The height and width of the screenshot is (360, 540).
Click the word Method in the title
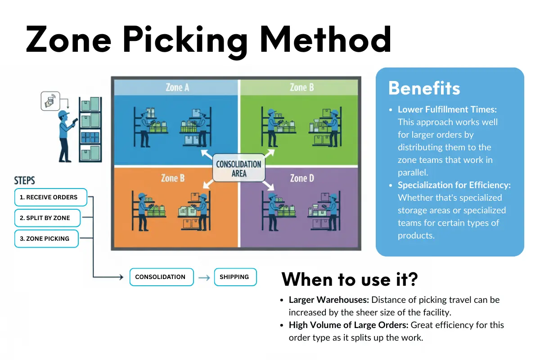tap(325, 39)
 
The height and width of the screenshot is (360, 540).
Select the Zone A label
tap(177, 87)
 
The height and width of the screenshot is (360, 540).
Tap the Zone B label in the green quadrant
tap(301, 87)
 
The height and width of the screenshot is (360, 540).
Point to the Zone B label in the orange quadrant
tap(173, 178)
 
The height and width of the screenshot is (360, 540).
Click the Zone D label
tap(301, 178)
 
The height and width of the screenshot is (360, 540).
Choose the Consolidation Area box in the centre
tap(238, 168)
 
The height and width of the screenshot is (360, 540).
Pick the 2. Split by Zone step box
tap(47, 218)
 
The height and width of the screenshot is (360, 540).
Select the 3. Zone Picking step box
tap(46, 238)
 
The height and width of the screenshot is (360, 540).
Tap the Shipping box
tap(234, 277)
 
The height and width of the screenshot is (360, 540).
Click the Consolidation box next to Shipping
tap(161, 277)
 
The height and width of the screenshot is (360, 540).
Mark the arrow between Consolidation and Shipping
tap(204, 278)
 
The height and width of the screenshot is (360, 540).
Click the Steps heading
tap(25, 181)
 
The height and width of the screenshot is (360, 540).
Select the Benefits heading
tap(424, 88)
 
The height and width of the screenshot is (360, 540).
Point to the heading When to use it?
tap(350, 279)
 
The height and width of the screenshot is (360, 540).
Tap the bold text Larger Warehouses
tap(328, 300)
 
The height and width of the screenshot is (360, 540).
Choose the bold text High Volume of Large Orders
tap(349, 325)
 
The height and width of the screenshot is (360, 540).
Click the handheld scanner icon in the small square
tap(49, 101)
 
